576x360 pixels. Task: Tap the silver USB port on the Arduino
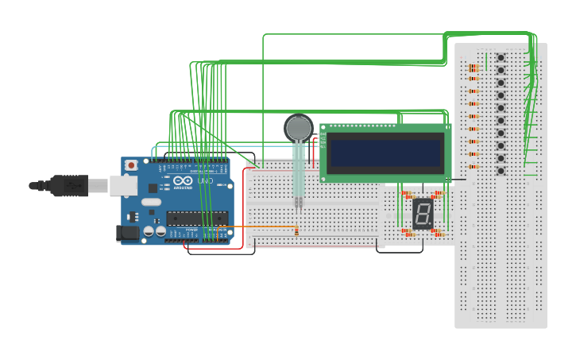click(x=122, y=185)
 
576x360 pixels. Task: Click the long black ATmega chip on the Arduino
click(x=196, y=218)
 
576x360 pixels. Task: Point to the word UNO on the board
click(x=205, y=182)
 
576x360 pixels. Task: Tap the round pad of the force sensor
click(x=299, y=128)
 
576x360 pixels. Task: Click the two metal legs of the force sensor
click(x=299, y=203)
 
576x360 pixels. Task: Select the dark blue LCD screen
click(x=386, y=153)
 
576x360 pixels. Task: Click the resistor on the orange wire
click(x=296, y=231)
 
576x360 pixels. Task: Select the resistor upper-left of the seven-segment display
click(x=408, y=194)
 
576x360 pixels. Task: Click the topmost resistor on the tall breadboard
click(x=474, y=68)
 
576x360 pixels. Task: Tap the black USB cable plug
click(x=67, y=185)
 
